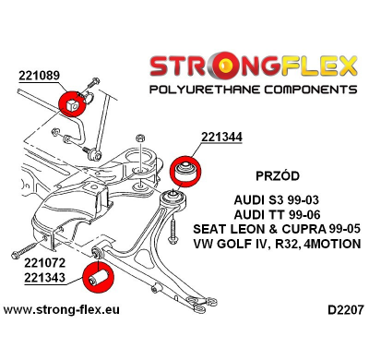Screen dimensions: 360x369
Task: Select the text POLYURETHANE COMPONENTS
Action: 247,91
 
